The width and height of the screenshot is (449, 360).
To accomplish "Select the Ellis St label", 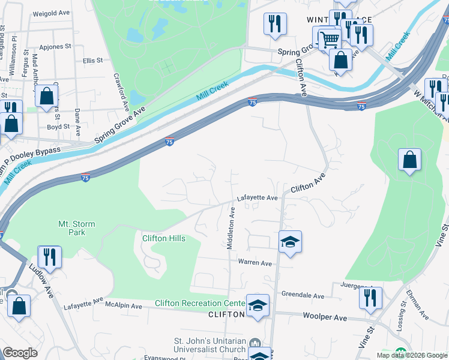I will coord(92,61).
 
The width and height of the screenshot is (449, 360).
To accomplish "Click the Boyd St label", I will coord(58,127).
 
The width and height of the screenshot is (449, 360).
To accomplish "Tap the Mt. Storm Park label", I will coord(76,229).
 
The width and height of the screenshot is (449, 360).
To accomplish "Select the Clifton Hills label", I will coord(163,238).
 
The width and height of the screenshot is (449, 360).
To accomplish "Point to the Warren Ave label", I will coord(256,263).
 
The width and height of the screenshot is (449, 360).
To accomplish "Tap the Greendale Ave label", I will coord(303,296).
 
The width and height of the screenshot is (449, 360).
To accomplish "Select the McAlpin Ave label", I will coord(123,306).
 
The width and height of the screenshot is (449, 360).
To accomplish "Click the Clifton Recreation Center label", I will coord(200,303).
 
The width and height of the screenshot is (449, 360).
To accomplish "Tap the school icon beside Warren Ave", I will coord(290,242).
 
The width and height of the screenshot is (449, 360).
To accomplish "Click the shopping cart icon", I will coord(329,40).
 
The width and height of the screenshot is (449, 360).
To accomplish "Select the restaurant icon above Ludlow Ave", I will coord(49,256).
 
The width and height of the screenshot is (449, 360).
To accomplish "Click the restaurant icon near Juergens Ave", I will coord(370,298).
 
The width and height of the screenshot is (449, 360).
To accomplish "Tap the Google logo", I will coord(20,353).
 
